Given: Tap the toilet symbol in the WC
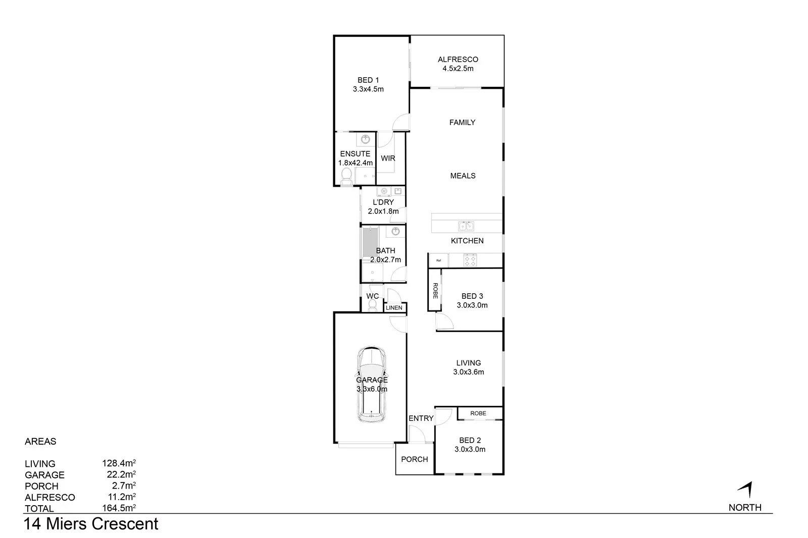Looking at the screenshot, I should [373, 305].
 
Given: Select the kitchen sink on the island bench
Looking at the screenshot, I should [466, 226].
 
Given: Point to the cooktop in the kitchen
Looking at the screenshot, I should [470, 261].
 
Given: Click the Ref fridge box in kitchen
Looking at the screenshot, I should [438, 260].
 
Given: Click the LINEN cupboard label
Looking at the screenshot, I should [394, 308].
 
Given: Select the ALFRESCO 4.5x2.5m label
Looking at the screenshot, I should [458, 64].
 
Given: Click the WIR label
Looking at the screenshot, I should [388, 158].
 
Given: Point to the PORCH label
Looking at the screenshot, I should [414, 459].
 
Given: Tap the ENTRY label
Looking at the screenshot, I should [421, 418].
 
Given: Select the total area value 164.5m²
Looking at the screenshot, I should [119, 508].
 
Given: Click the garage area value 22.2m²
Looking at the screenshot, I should [119, 474].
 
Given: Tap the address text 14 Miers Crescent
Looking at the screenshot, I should [91, 524].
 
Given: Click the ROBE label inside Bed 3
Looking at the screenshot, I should [435, 290].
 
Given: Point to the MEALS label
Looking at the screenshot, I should [463, 176].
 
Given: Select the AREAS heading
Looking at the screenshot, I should [40, 441].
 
